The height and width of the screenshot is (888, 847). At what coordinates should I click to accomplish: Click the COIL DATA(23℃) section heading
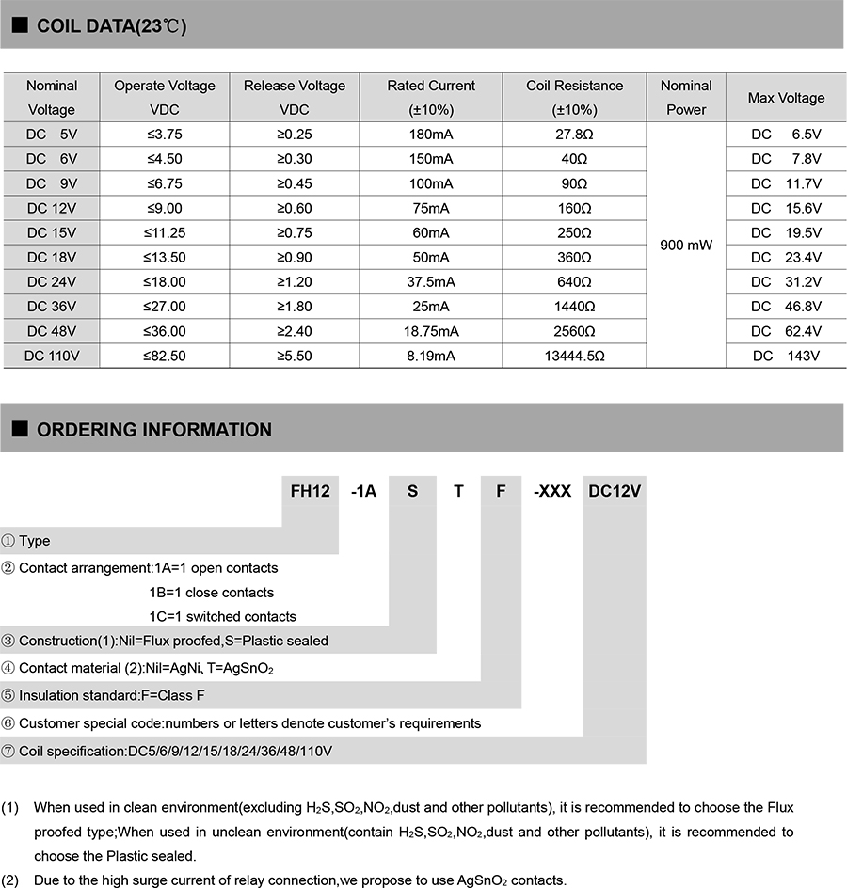pyautogui.click(x=111, y=26)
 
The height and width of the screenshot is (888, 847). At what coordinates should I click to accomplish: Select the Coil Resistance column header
pyautogui.click(x=574, y=97)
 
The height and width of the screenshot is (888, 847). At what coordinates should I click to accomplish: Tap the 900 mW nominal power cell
pyautogui.click(x=686, y=245)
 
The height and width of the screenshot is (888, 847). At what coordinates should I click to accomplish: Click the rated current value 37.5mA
pyautogui.click(x=431, y=282)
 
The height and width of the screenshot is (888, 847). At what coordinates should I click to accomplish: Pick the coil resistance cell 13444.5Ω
pyautogui.click(x=574, y=356)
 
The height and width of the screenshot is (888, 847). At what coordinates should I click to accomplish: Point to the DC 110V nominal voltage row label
pyautogui.click(x=52, y=356)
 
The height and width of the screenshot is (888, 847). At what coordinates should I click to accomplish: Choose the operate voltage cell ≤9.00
pyautogui.click(x=164, y=208)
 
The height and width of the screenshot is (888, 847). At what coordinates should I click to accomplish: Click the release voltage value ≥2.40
pyautogui.click(x=295, y=331)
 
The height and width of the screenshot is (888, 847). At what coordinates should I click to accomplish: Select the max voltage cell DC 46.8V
pyautogui.click(x=786, y=307)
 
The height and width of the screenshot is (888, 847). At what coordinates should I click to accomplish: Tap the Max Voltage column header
pyautogui.click(x=786, y=98)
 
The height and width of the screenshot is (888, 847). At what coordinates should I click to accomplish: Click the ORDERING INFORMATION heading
pyautogui.click(x=153, y=430)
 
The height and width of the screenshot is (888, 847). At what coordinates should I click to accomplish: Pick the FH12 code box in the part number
pyautogui.click(x=311, y=491)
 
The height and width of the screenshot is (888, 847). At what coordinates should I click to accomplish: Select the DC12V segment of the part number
pyautogui.click(x=615, y=491)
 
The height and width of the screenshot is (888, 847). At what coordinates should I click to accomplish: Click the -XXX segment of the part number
pyautogui.click(x=552, y=491)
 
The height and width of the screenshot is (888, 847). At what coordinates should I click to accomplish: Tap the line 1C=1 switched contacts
pyautogui.click(x=222, y=617)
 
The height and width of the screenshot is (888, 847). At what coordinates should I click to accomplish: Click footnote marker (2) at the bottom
pyautogui.click(x=10, y=880)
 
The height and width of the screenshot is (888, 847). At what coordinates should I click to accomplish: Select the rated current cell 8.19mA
pyautogui.click(x=431, y=356)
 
